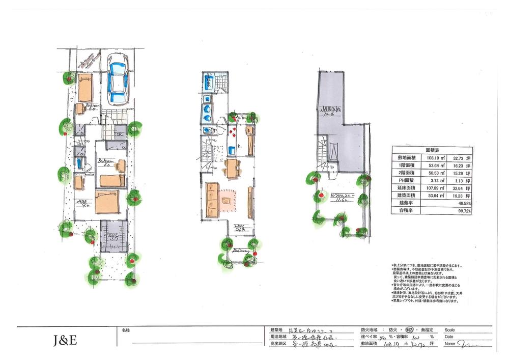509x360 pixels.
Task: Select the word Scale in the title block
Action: tap(451, 329)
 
